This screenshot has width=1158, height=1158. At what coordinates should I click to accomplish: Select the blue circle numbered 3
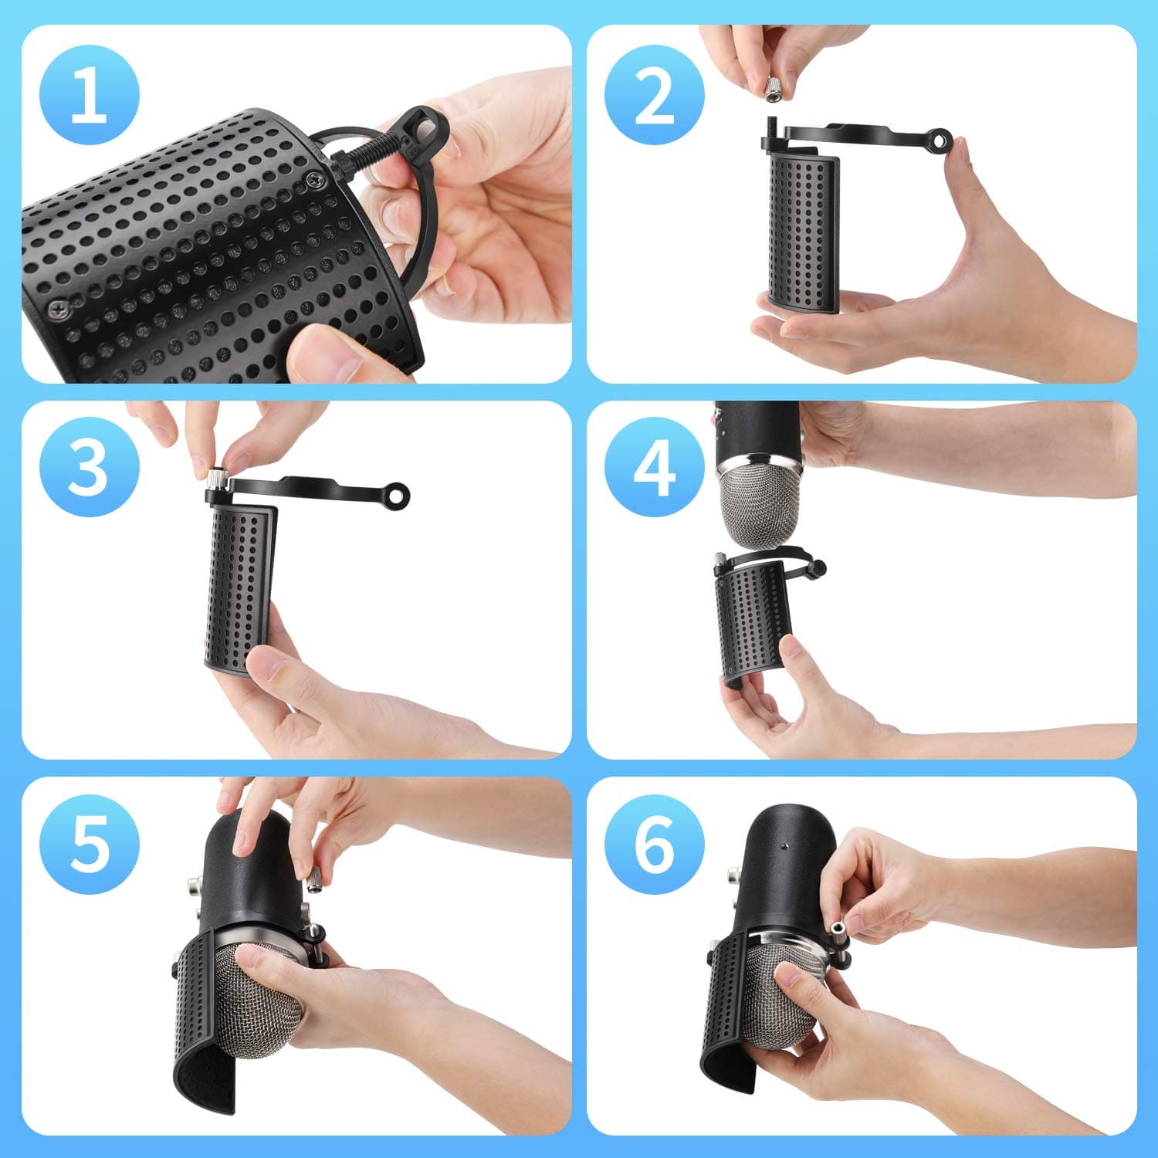[x=89, y=467]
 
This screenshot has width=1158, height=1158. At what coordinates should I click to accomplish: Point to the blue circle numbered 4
[x=654, y=467]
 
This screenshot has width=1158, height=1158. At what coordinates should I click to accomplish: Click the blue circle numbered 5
[x=89, y=844]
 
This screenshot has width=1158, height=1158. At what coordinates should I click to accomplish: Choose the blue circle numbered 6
[x=654, y=844]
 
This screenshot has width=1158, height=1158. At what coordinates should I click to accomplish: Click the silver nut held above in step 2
[x=773, y=90]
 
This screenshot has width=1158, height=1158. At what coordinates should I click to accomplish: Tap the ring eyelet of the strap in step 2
[x=940, y=139]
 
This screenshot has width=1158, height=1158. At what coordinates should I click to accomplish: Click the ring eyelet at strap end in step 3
[x=398, y=495]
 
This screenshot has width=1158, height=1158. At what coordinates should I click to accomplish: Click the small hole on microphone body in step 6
[x=784, y=846]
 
